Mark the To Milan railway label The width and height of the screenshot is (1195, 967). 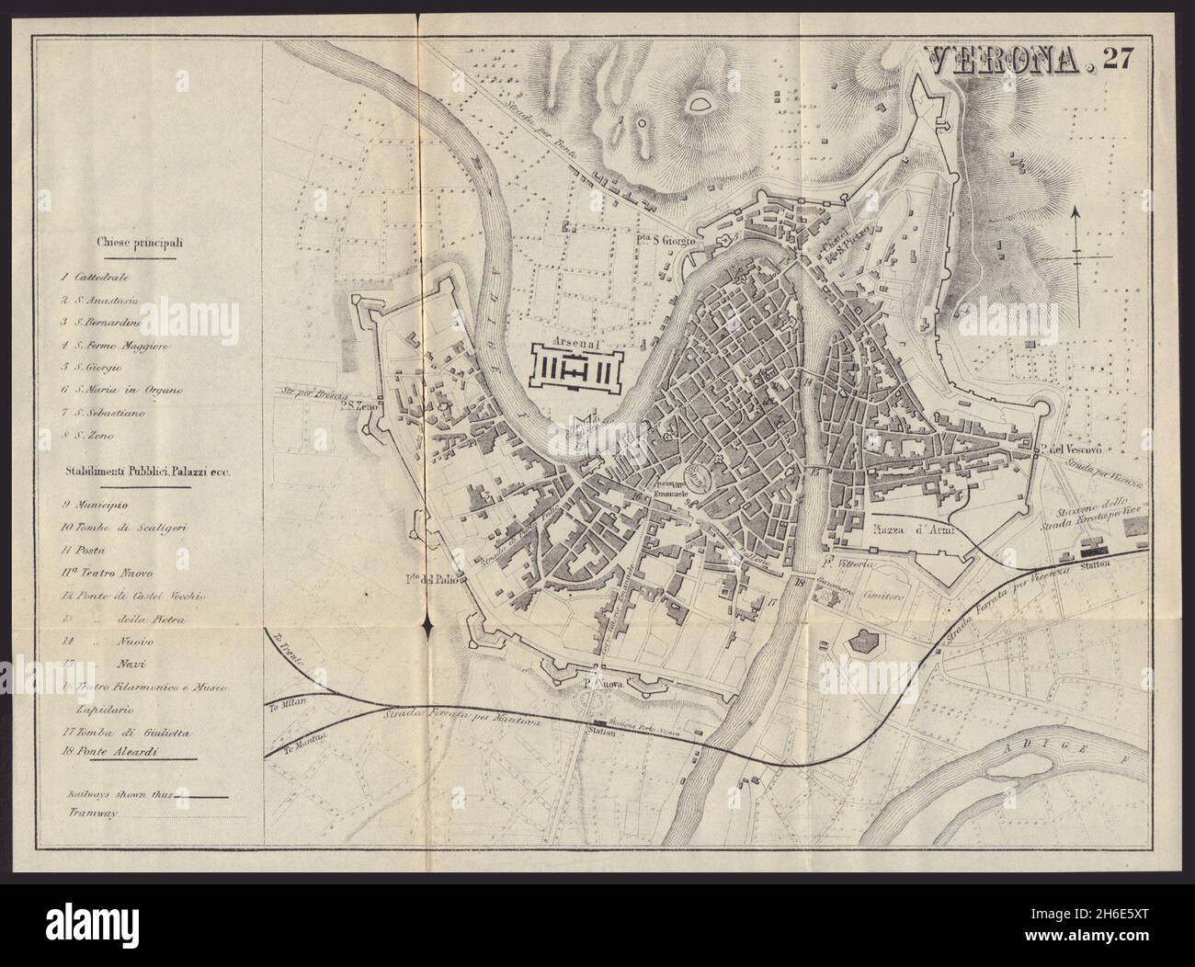tap(294, 700)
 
